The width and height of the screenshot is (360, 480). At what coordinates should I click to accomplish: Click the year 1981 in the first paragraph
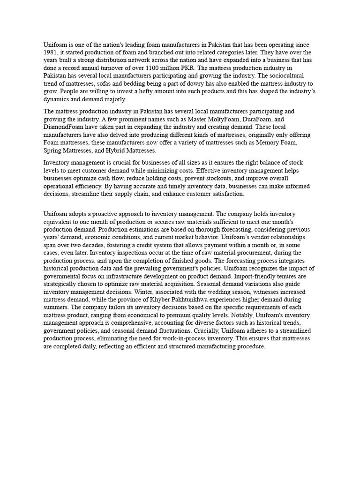(x=50, y=52)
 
